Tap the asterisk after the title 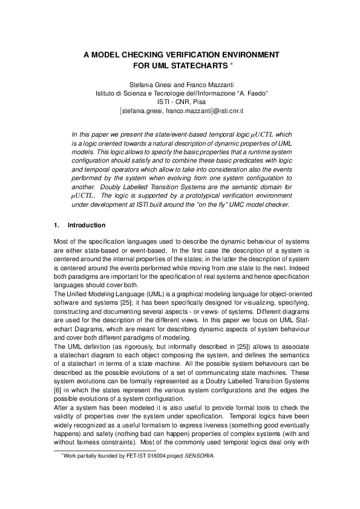225,63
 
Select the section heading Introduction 86,225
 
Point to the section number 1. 57,225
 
